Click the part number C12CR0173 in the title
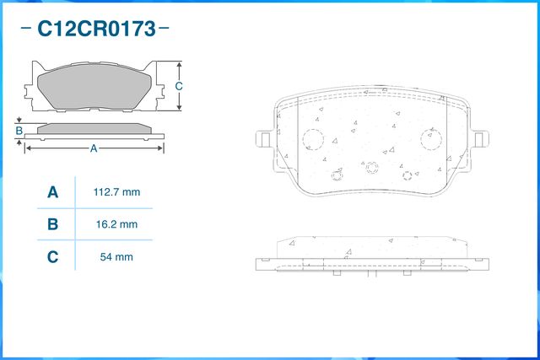click(x=96, y=30)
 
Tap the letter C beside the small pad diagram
click(x=179, y=86)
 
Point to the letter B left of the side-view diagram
click(x=19, y=131)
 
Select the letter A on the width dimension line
click(x=94, y=148)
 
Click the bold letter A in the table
click(x=52, y=193)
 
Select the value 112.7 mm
click(x=116, y=193)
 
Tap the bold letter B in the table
click(x=52, y=224)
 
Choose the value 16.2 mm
click(x=116, y=224)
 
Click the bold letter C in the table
click(x=52, y=256)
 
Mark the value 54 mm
click(x=116, y=256)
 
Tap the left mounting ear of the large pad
click(x=263, y=139)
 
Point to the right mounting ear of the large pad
click(x=482, y=139)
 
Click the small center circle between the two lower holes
click(x=371, y=168)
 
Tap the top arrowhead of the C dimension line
click(x=179, y=65)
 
